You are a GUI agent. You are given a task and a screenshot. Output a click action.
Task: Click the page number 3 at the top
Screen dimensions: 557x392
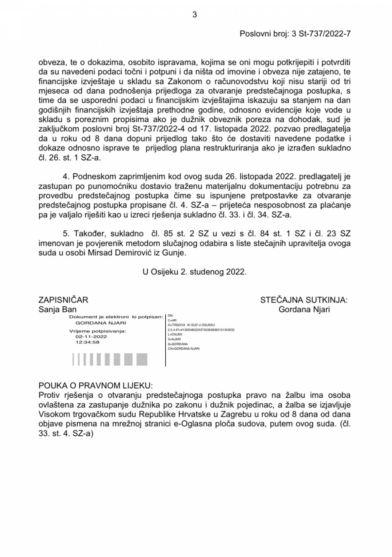point(195,15)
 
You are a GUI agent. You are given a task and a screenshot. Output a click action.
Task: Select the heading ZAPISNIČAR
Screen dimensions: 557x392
point(63,300)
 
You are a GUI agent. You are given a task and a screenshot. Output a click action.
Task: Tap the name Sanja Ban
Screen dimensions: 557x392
point(57,309)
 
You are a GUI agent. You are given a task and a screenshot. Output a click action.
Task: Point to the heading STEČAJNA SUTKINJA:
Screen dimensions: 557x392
point(304,300)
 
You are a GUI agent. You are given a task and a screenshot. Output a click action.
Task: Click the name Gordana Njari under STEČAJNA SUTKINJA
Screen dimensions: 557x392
point(304,309)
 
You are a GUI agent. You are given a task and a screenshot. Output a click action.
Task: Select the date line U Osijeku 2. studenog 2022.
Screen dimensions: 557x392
point(194,272)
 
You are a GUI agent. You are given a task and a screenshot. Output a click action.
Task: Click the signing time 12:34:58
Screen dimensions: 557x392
point(87,342)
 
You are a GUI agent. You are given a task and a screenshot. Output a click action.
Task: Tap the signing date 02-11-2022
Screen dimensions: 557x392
point(91,337)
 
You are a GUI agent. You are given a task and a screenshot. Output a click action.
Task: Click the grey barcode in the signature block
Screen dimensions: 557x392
point(110,359)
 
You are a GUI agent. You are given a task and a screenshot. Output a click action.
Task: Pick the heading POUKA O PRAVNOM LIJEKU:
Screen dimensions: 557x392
point(96,385)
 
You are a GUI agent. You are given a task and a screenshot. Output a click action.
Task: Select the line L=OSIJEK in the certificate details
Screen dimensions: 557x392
point(175,335)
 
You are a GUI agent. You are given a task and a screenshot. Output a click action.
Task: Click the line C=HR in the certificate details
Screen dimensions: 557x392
point(172,321)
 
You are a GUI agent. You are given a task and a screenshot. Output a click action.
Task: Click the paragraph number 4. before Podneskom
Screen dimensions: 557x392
point(67,177)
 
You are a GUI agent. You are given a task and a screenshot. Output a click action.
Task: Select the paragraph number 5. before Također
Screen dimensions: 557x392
point(67,234)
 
